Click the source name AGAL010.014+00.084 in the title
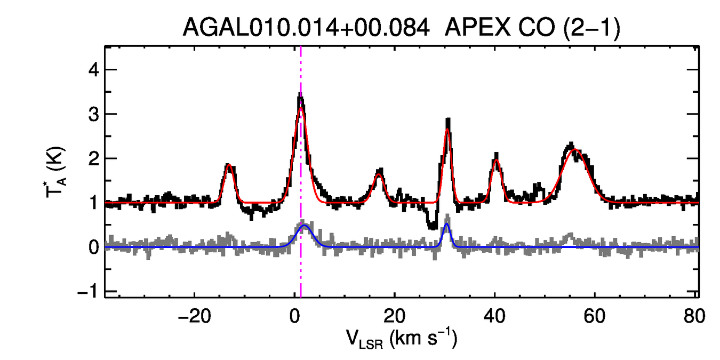click(x=306, y=27)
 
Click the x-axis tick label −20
click(x=194, y=316)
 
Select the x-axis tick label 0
click(x=294, y=316)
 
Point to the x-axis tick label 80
click(x=695, y=316)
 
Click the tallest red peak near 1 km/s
click(x=301, y=108)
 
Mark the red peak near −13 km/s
click(x=229, y=165)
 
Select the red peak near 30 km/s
click(x=447, y=130)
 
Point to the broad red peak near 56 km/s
click(x=575, y=150)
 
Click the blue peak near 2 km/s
click(x=305, y=226)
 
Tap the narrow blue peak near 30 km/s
click(x=446, y=224)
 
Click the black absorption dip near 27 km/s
click(x=432, y=226)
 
